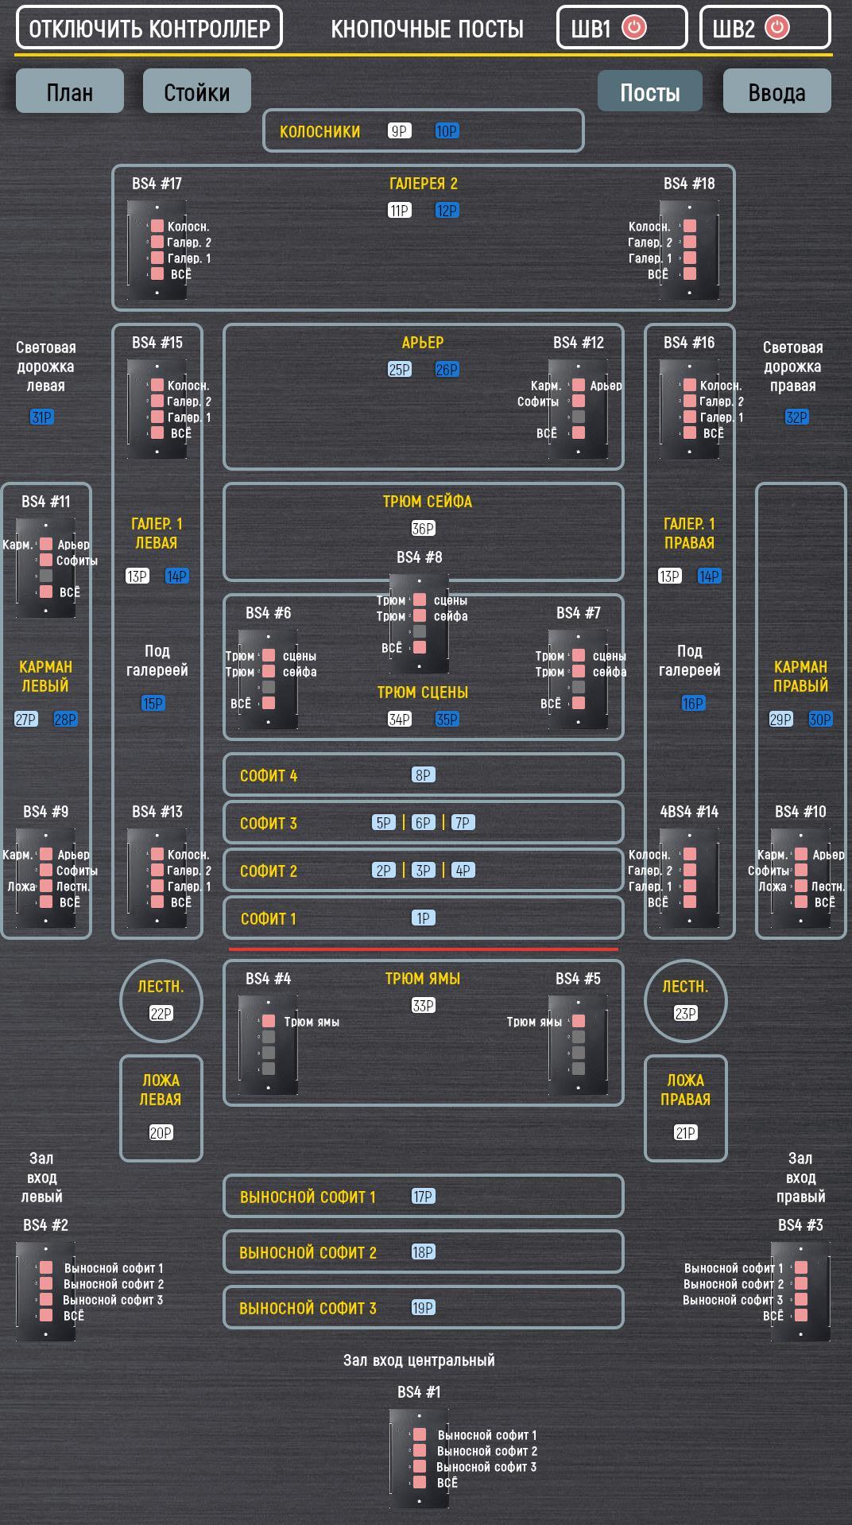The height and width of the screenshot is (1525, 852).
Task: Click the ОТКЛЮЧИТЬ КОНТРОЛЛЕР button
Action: point(149,28)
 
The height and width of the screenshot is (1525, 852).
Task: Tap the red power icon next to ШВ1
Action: point(633,27)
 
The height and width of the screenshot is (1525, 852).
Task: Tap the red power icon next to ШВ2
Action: point(776,27)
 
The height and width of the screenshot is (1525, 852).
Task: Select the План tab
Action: point(70,91)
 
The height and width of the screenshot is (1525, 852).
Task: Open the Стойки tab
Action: point(196,91)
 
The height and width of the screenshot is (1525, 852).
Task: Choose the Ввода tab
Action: point(776,91)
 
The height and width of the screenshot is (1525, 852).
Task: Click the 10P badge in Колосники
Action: point(447,131)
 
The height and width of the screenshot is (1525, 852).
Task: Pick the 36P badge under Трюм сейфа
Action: point(423,529)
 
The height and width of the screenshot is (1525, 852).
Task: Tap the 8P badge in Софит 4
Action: point(423,775)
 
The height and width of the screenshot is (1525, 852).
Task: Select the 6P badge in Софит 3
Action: point(423,823)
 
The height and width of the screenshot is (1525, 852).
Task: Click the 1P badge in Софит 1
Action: point(423,918)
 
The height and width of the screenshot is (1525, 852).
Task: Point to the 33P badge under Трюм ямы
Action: point(423,1006)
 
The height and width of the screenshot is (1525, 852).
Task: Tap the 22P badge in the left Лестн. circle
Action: point(161,1014)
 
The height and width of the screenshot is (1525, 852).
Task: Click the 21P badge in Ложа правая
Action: point(685,1133)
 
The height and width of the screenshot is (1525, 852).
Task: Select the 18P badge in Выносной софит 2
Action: point(423,1252)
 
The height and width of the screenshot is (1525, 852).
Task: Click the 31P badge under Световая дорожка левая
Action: point(41,417)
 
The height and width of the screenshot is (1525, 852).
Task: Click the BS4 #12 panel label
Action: point(579,343)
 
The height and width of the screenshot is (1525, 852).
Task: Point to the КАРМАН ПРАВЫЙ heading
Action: point(800,677)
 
